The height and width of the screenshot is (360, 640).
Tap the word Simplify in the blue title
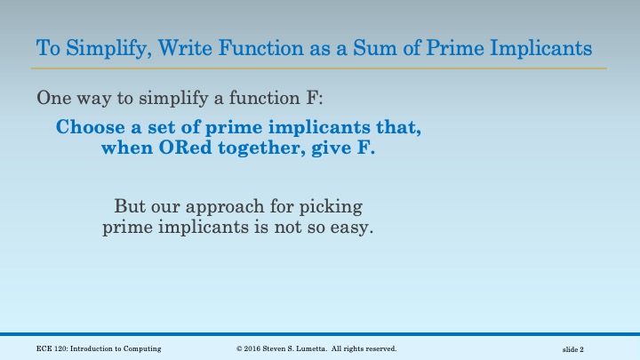pos(100,45)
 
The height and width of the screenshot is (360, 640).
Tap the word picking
pos(332,208)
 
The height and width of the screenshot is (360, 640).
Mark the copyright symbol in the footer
pos(240,348)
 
